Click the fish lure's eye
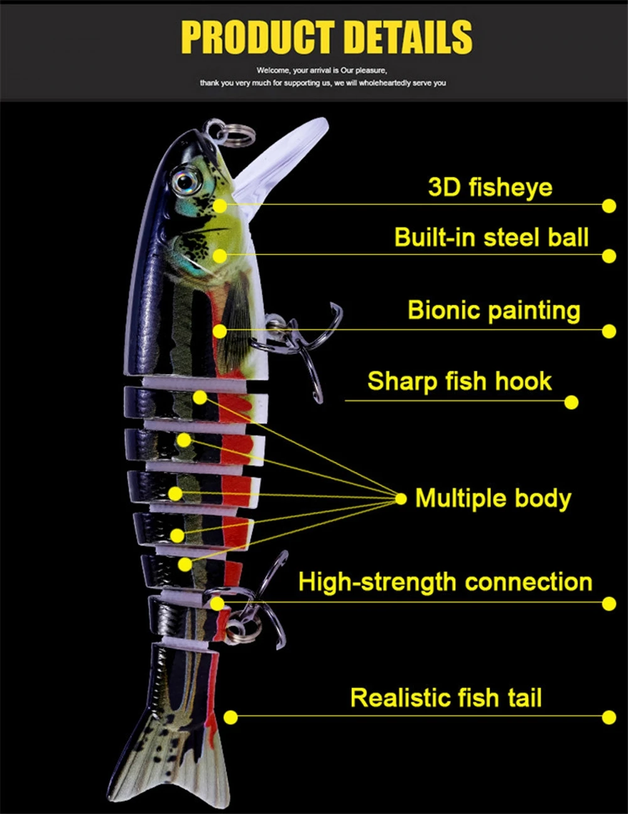pyautogui.click(x=187, y=181)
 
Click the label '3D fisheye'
pyautogui.click(x=490, y=187)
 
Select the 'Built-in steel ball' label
pyautogui.click(x=491, y=238)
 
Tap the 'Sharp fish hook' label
pyautogui.click(x=459, y=382)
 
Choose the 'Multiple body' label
pyautogui.click(x=493, y=498)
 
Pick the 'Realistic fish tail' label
pyautogui.click(x=445, y=698)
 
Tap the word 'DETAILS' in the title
pyautogui.click(x=408, y=38)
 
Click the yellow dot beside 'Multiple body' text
pyautogui.click(x=401, y=499)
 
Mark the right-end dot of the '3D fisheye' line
pyautogui.click(x=609, y=206)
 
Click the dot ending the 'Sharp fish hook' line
pyautogui.click(x=571, y=402)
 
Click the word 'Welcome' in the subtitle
pyautogui.click(x=273, y=71)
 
